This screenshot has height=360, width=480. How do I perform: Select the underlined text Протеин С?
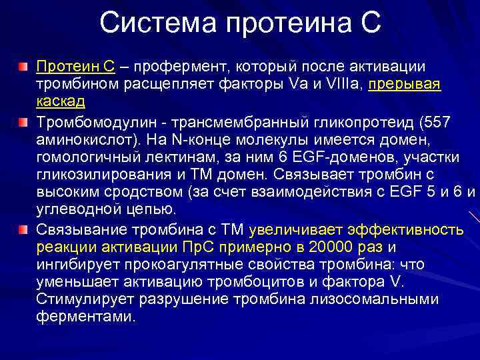pyautogui.click(x=76, y=67)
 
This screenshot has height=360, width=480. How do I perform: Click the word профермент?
pyautogui.click(x=175, y=67)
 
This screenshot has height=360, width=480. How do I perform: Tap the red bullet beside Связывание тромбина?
pyautogui.click(x=23, y=229)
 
